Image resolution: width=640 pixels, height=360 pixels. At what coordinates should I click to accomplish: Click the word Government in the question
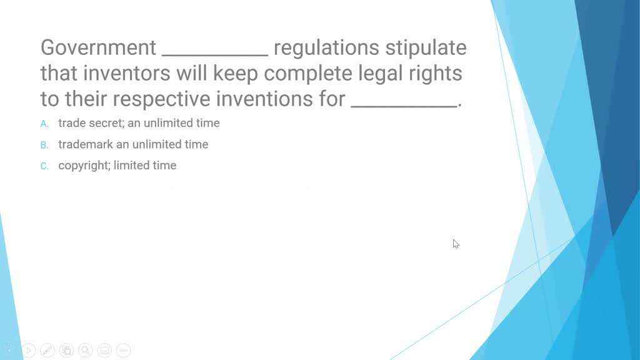tap(98, 47)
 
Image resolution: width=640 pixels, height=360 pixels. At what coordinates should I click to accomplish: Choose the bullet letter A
tap(44, 124)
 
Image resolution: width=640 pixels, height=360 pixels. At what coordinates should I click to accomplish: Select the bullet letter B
tap(44, 145)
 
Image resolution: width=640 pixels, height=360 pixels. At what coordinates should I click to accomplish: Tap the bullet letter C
tap(44, 166)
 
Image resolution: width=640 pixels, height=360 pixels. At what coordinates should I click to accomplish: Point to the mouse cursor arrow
tap(456, 243)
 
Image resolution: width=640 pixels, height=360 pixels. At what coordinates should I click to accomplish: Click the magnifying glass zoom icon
tap(86, 350)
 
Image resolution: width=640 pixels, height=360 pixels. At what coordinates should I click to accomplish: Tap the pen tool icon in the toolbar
tap(47, 350)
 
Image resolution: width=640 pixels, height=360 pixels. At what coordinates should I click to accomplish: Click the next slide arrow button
tap(29, 350)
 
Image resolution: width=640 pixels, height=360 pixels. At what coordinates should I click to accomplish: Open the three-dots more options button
tap(123, 350)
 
